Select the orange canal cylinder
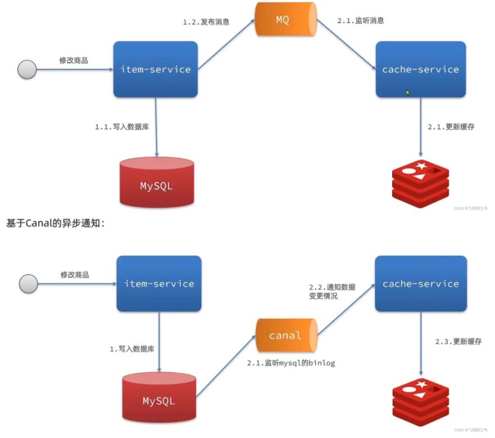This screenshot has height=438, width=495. pyautogui.click(x=286, y=336)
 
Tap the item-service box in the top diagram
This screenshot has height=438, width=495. pyautogui.click(x=156, y=69)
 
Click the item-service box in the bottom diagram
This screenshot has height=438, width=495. pyautogui.click(x=158, y=283)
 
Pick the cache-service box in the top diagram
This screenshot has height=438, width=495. pyautogui.click(x=420, y=69)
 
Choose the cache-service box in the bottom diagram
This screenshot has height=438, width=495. pyautogui.click(x=421, y=283)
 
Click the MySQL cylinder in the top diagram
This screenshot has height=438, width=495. pyautogui.click(x=156, y=183)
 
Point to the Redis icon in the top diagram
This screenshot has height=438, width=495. pyautogui.click(x=421, y=184)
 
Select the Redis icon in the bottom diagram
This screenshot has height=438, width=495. pyautogui.click(x=421, y=399)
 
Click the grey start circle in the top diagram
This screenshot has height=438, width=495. pyautogui.click(x=27, y=70)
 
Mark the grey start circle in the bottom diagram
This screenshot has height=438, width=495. pyautogui.click(x=28, y=284)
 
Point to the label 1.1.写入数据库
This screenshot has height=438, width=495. pyautogui.click(x=121, y=127)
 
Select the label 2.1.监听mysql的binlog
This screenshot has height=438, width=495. pyautogui.click(x=291, y=363)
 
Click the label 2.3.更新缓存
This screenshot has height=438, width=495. pyautogui.click(x=458, y=341)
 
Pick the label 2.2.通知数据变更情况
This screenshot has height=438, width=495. pyautogui.click(x=331, y=291)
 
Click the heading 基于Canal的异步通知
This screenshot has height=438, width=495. pyautogui.click(x=55, y=223)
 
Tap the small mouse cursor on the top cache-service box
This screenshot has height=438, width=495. pyautogui.click(x=408, y=92)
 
